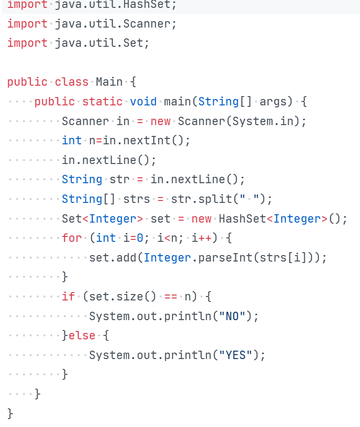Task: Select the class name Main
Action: [x=109, y=82]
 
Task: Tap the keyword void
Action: [x=143, y=101]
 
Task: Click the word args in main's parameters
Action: [x=273, y=101]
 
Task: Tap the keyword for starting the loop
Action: [x=72, y=238]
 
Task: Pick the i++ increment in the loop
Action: [x=201, y=238]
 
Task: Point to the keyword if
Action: [x=68, y=296]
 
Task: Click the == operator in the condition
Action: [x=170, y=296]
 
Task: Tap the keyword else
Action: [x=82, y=335]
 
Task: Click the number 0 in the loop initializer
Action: [x=140, y=238]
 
